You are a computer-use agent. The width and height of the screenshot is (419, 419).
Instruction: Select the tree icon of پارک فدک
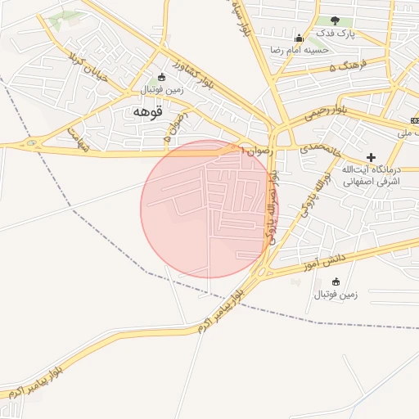click(335, 20)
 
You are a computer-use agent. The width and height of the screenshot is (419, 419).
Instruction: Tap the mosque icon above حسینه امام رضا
click(299, 38)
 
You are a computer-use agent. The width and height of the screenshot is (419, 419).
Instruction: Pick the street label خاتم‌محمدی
click(316, 148)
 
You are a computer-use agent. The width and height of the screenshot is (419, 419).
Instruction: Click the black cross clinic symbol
click(371, 156)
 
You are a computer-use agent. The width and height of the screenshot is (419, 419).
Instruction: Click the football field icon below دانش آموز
click(336, 282)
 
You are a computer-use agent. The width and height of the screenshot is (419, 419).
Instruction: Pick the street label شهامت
click(77, 137)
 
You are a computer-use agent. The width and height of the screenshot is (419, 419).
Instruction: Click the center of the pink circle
click(209, 208)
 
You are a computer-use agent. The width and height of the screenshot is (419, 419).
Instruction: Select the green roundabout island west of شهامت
click(32, 145)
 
